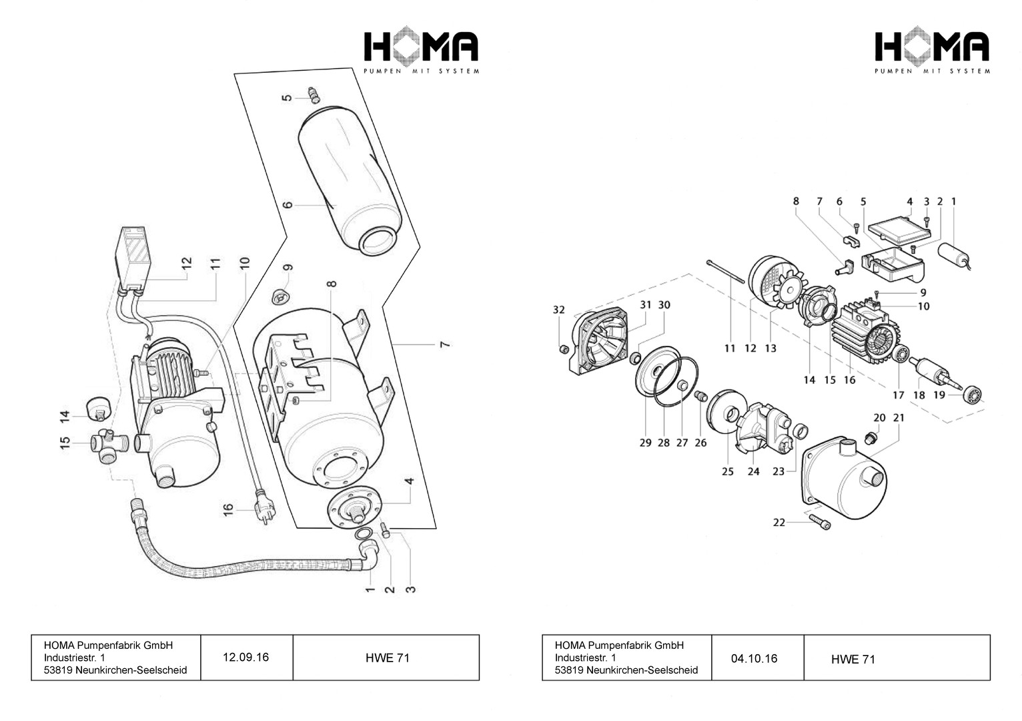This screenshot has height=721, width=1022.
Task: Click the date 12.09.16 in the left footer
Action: pos(245,658)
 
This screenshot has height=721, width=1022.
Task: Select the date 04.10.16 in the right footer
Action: pos(754,659)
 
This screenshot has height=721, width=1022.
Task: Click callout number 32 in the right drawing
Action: pos(559,310)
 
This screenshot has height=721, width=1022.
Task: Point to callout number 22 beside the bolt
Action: pos(779,523)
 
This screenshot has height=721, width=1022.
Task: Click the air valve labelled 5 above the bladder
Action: pos(312,95)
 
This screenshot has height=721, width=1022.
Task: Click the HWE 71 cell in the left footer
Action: pos(387,658)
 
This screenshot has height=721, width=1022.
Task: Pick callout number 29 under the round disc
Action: pos(645,443)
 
